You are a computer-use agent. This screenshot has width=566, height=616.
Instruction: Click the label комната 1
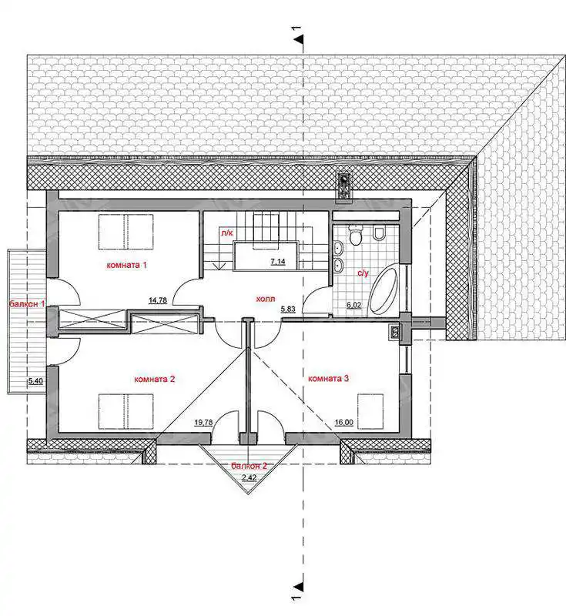pyautogui.click(x=126, y=265)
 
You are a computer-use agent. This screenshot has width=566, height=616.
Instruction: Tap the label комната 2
pyautogui.click(x=154, y=380)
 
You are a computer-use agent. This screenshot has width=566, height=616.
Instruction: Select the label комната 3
pyautogui.click(x=328, y=379)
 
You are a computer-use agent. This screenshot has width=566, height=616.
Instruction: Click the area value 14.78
pyautogui.click(x=158, y=300)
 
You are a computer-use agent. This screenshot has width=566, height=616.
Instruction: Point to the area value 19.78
pyautogui.click(x=203, y=423)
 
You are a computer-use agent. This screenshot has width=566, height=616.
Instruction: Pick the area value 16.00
pyautogui.click(x=344, y=423)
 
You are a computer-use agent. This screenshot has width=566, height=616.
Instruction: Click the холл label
pyautogui.click(x=265, y=300)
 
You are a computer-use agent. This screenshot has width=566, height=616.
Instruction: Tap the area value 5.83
pyautogui.click(x=288, y=310)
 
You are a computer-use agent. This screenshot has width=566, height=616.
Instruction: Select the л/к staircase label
pyautogui.click(x=227, y=233)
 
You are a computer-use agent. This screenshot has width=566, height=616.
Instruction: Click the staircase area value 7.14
pyautogui.click(x=278, y=262)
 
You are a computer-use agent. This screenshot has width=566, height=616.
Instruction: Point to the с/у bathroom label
pyautogui.click(x=363, y=273)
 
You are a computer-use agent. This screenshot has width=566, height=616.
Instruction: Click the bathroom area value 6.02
pyautogui.click(x=354, y=304)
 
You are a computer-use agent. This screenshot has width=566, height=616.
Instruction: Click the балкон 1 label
pyautogui.click(x=27, y=303)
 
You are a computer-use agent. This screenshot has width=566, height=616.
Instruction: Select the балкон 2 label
pyautogui.click(x=249, y=466)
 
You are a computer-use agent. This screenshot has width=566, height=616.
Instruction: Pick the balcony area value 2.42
pyautogui.click(x=250, y=477)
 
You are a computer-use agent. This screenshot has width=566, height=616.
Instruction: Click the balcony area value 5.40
pyautogui.click(x=35, y=380)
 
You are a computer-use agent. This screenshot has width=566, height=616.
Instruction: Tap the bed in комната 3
pyautogui.click(x=370, y=411)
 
